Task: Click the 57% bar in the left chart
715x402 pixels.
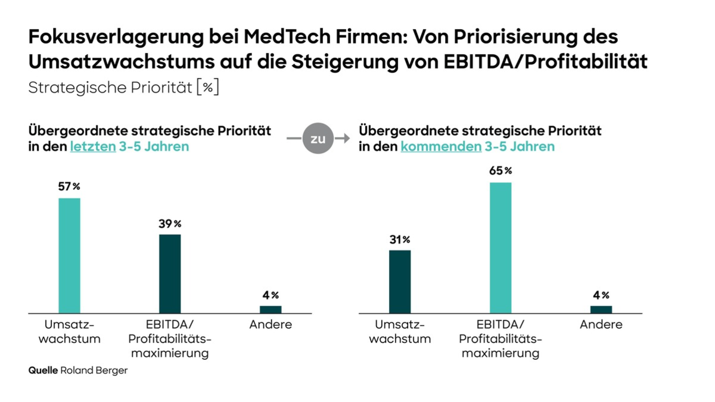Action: pos(69,255)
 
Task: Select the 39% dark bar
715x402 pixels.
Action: pos(170,273)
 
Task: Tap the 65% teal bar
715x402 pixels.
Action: pos(500,247)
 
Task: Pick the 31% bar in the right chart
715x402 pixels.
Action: pos(400,281)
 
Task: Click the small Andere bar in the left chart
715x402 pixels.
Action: pos(271,309)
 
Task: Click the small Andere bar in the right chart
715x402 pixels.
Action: pos(601,309)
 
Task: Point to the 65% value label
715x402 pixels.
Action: pos(500,171)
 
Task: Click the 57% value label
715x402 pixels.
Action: pos(69,186)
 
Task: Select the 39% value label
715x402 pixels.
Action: pos(170,223)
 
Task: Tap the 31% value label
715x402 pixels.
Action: pos(400,239)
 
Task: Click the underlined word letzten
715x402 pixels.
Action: pos(92,147)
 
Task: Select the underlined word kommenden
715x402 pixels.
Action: pos(440,147)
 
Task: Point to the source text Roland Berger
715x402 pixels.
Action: pos(94,370)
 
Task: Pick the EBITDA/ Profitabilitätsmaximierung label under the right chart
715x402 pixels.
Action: pos(500,339)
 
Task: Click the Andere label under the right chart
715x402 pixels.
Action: pos(601,325)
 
